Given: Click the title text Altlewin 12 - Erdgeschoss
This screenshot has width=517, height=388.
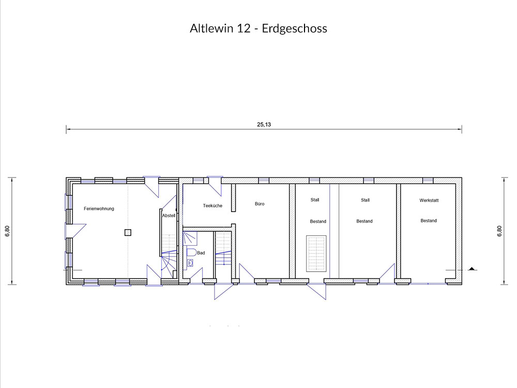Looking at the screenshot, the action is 258,28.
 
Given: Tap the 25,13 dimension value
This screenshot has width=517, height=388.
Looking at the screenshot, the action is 264,124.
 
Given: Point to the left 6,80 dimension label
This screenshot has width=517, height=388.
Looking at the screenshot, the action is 8,231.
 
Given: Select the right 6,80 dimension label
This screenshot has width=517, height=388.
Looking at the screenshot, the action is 499,231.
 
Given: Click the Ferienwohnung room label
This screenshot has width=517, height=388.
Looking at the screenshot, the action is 99,208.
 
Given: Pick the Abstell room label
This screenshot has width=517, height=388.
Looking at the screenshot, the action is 169,216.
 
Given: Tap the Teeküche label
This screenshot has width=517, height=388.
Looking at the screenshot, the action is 212,205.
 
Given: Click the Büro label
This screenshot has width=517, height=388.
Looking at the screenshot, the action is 260,204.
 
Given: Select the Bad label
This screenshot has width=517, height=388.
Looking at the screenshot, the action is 201,253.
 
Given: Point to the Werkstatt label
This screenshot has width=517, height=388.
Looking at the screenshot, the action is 429,200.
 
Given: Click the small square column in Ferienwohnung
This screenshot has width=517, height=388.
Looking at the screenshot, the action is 128,233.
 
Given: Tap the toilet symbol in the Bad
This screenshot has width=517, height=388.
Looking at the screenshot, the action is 191,252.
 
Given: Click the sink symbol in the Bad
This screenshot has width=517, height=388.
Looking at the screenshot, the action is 190,263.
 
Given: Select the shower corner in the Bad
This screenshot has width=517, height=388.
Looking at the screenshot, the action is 190,238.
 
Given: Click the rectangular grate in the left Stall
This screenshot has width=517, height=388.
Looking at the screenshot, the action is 316,253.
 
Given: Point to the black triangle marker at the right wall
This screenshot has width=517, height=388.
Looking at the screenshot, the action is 472,268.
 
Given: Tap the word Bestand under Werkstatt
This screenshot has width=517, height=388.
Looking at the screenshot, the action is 429,221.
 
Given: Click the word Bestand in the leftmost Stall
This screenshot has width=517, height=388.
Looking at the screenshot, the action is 318,221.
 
